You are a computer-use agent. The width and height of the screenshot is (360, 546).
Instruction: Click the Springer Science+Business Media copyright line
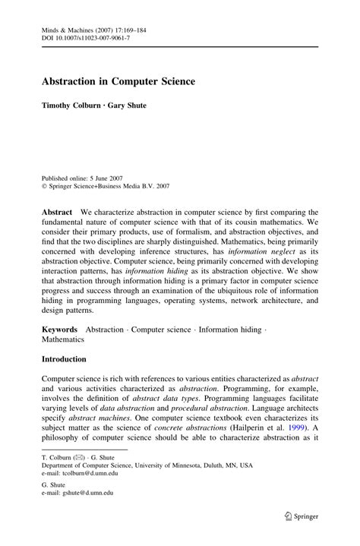pos(106,185)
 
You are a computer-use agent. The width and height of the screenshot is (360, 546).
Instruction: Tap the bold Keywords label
pos(60,330)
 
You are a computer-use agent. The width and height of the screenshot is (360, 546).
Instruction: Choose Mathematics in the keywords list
pos(63,339)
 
